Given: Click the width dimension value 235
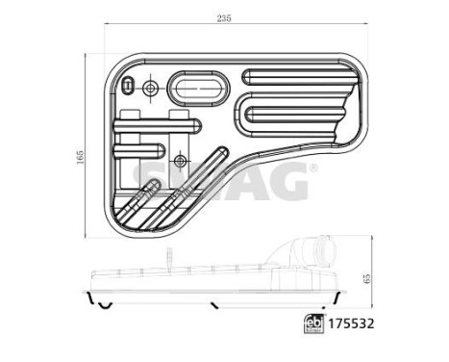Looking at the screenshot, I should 225,18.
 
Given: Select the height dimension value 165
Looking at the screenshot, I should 82,153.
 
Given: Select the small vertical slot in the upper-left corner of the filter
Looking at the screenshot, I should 127,88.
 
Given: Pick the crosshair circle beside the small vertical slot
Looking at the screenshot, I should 149,90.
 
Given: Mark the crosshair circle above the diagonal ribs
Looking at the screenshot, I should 181,158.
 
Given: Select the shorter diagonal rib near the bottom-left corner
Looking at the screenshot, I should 136,197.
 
